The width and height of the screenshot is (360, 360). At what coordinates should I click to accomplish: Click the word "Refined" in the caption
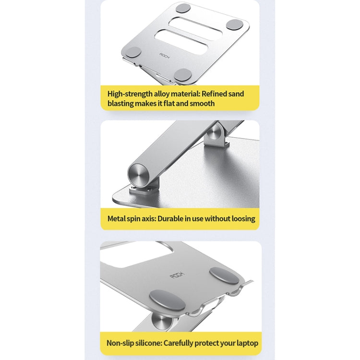click(222, 94)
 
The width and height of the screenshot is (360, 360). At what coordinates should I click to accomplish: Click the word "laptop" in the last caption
click(246, 343)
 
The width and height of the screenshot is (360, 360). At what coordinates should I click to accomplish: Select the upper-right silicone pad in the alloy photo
click(235, 24)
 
